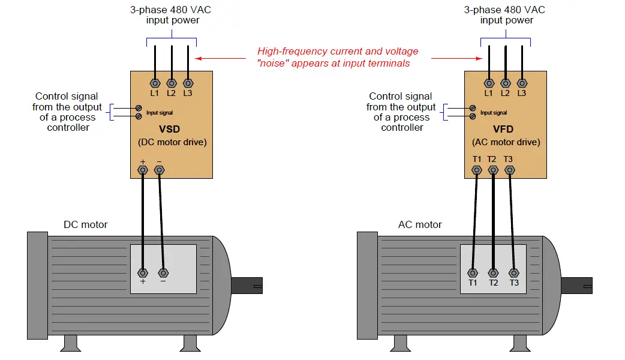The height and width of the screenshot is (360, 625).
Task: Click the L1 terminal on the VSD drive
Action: [155, 83]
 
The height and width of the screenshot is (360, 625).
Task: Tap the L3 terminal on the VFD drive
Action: [522, 83]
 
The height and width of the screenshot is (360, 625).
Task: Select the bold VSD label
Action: [169, 129]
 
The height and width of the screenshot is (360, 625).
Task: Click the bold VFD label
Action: [503, 129]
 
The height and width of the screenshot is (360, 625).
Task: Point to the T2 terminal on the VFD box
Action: [493, 170]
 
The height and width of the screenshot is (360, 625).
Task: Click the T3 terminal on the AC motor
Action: [514, 273]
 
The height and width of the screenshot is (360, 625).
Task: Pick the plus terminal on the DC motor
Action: [143, 273]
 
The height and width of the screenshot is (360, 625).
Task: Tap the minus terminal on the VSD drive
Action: [159, 170]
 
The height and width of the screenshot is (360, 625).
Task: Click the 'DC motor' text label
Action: [86, 224]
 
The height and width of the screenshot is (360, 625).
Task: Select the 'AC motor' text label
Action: [420, 224]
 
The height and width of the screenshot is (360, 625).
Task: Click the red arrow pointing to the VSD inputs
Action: [220, 58]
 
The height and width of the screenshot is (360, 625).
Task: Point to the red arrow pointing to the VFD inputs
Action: [457, 58]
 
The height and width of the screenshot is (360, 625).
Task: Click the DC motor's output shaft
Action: [247, 286]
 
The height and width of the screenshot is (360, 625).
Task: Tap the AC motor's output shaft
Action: [577, 286]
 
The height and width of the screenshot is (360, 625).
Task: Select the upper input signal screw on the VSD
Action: [139, 108]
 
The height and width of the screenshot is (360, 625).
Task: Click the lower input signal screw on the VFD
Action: [473, 116]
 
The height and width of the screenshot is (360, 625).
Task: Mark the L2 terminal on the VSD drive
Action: [172, 83]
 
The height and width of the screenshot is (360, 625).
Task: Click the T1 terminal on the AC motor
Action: [473, 273]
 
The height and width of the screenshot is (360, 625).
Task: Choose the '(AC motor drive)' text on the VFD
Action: [506, 142]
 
